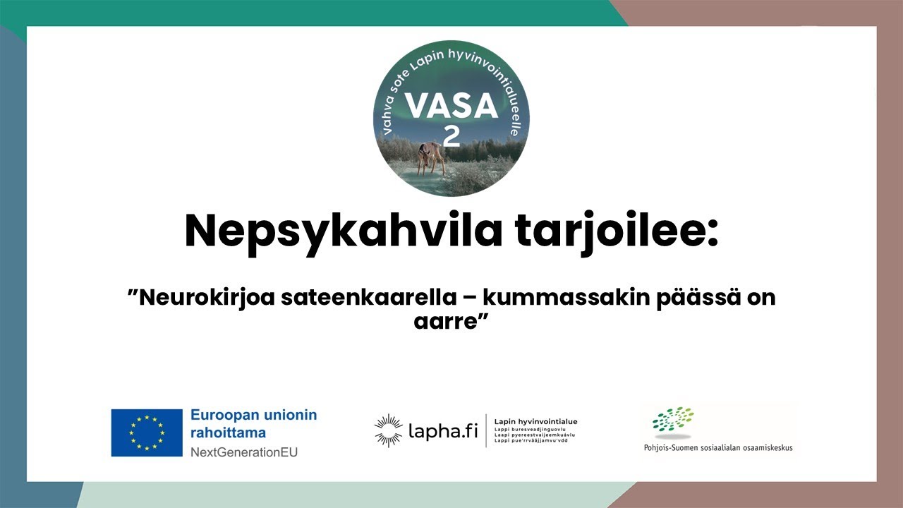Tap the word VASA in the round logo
coord(452,107)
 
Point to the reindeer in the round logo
coord(430,157)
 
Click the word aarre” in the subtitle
coord(451,322)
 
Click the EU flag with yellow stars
coord(147,433)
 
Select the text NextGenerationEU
coord(244,452)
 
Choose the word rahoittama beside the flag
coord(228,433)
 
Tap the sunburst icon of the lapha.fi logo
coord(388,431)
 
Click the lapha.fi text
coord(443,431)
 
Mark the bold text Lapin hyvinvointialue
coord(536,421)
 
